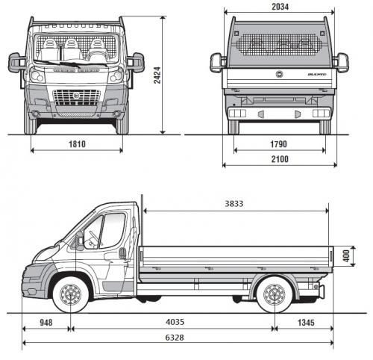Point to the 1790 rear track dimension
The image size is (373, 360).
(280, 142)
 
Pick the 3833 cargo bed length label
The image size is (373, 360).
(233, 203)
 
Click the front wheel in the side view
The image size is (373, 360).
(72, 295)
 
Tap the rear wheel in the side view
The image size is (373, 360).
(274, 296)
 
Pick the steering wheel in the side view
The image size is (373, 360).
(93, 238)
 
